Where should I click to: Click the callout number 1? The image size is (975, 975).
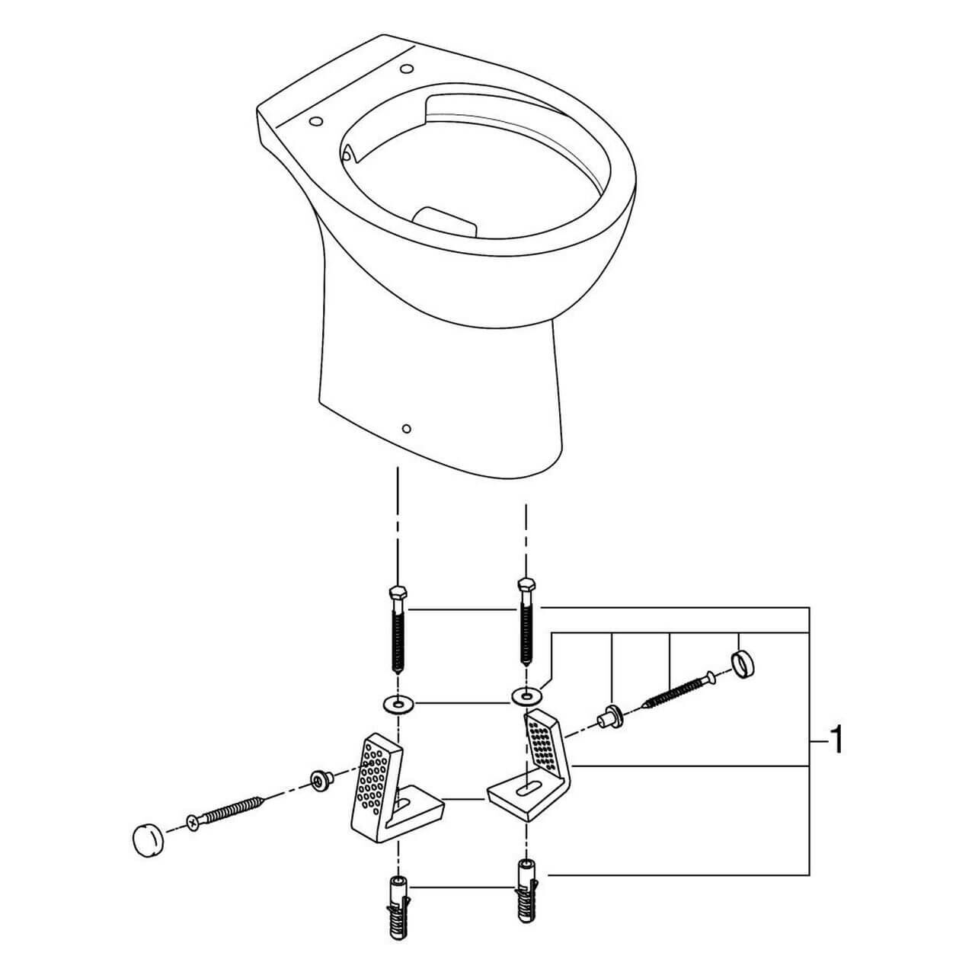tap(836, 740)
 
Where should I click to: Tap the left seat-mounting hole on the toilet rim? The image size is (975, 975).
tap(314, 120)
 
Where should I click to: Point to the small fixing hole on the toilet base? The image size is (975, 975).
tap(406, 428)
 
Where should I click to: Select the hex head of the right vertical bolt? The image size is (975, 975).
tap(525, 586)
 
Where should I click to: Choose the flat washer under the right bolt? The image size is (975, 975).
tap(525, 695)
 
